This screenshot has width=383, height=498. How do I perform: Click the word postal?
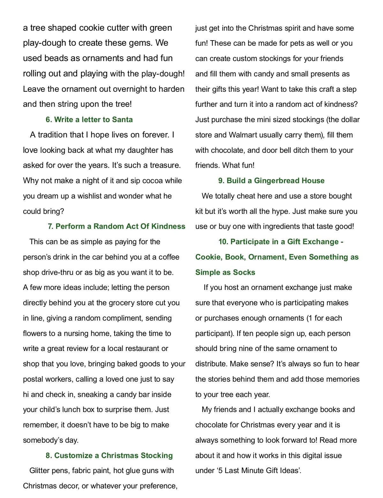point(33,379)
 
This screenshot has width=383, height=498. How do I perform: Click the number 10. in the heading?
point(223,242)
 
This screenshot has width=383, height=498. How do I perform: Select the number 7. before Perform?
point(50,226)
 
